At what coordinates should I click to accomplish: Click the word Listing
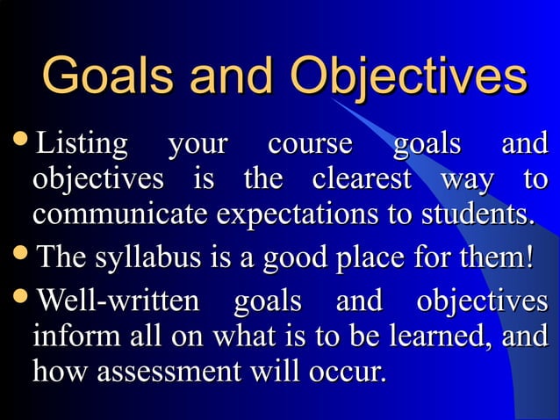81,143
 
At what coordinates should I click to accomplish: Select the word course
310,143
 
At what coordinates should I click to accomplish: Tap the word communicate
120,214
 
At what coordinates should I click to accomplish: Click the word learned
435,337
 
